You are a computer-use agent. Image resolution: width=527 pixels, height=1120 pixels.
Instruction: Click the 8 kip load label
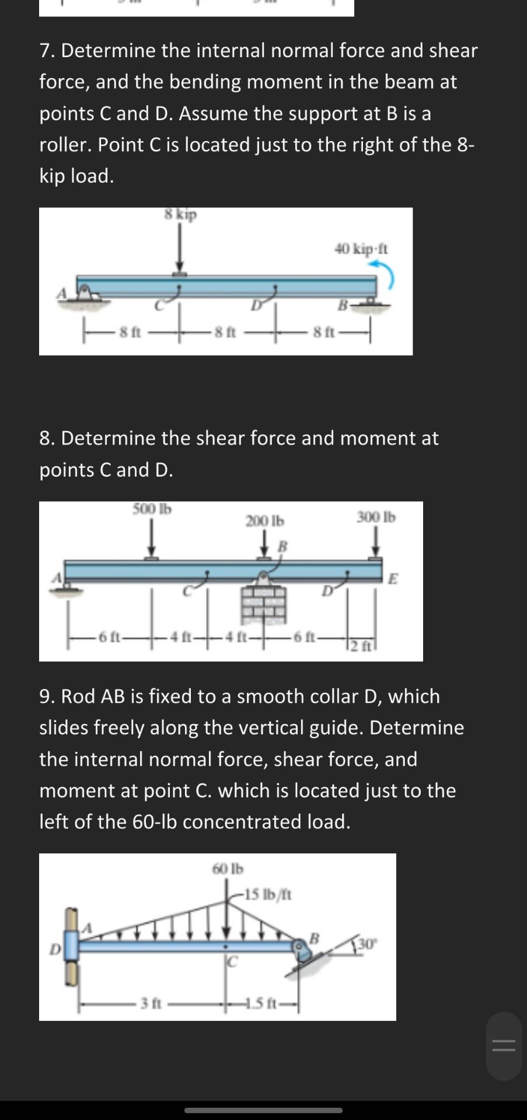point(180,215)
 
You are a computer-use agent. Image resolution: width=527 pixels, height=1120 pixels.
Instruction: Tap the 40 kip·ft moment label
point(361,249)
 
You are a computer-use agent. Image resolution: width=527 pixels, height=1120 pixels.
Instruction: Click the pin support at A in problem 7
point(86,292)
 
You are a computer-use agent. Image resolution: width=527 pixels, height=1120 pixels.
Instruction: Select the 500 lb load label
point(152,509)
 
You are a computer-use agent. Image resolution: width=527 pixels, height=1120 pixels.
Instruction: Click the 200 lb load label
point(264,520)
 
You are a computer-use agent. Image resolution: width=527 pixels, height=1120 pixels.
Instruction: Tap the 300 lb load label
point(376,517)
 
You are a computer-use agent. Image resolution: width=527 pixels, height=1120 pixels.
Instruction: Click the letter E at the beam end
point(393,579)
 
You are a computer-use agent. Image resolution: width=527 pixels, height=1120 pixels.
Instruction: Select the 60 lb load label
point(228,869)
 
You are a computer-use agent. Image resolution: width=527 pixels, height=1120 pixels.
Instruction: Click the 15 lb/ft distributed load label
point(268,894)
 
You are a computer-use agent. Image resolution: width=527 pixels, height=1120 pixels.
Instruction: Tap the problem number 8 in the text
point(45,437)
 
